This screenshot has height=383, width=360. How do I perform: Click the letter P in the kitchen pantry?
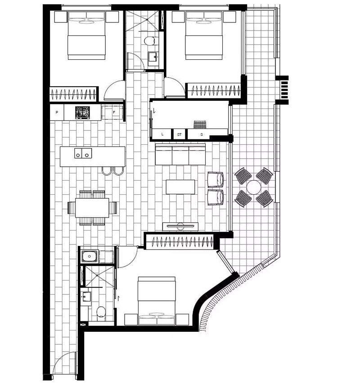click(x=57, y=112)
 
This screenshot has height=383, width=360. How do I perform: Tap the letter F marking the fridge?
click(x=114, y=112)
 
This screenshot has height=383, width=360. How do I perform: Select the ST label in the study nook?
click(x=179, y=134)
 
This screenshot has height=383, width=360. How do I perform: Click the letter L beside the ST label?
click(x=162, y=134)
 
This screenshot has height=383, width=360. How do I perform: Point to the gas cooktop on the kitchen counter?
click(x=82, y=112)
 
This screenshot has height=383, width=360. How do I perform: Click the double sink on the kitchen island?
click(x=83, y=153)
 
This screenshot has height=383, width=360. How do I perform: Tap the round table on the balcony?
click(x=254, y=187)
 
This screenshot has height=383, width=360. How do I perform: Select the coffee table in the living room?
click(x=180, y=187)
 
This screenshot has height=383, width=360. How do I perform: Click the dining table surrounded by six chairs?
click(x=92, y=208)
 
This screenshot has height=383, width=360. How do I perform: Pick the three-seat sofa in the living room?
click(x=180, y=154)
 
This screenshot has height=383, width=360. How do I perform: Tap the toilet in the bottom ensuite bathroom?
click(x=101, y=312)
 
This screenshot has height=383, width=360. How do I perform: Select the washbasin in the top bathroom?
click(x=153, y=57)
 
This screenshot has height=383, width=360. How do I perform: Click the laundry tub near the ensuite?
click(x=90, y=256)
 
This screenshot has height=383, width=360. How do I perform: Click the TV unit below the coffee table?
click(x=180, y=227)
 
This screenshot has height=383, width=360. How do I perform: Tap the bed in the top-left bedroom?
click(x=86, y=36)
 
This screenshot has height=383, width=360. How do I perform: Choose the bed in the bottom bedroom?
click(x=157, y=301)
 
